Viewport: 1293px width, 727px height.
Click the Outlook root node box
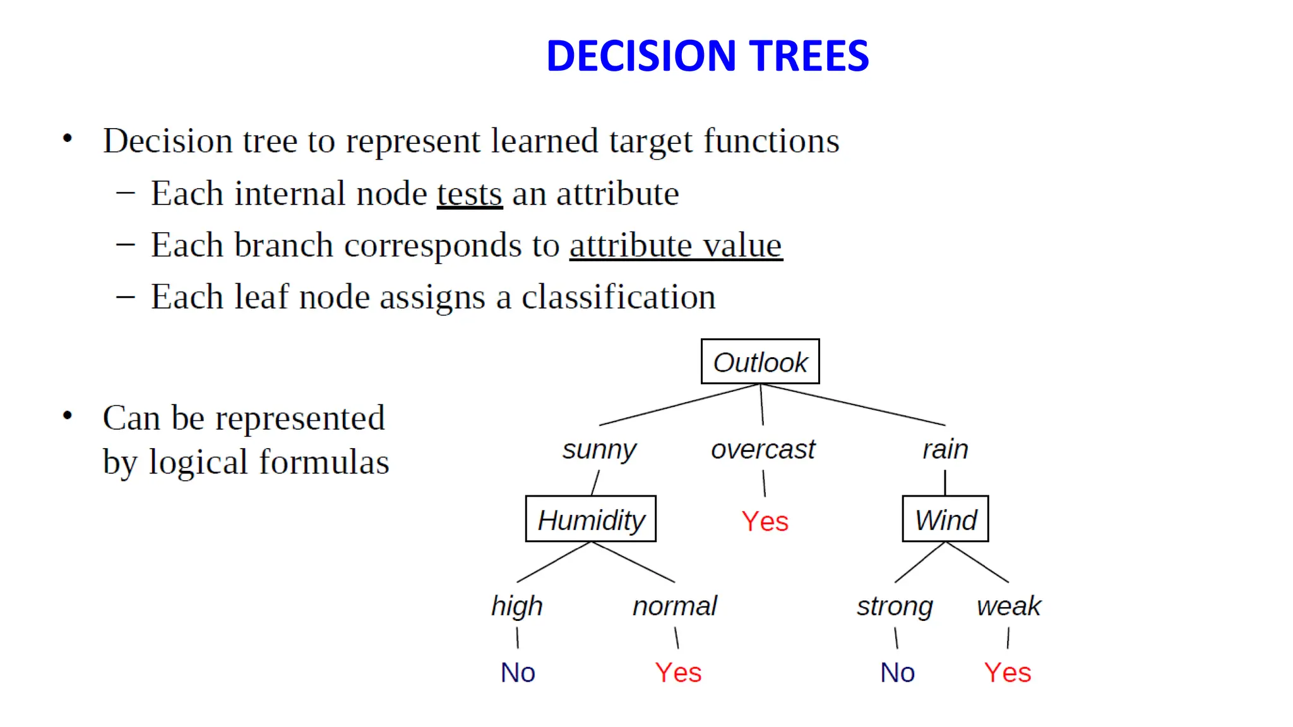[x=760, y=362]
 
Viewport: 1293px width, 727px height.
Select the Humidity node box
[x=590, y=519]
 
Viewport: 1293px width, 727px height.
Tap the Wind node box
[x=945, y=519]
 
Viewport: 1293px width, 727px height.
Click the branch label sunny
[x=599, y=450]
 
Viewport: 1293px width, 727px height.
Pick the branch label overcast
[x=763, y=449]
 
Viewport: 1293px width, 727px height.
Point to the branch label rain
[x=945, y=449]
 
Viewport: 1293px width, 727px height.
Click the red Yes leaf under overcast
[x=765, y=521]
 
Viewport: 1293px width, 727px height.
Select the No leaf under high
[x=518, y=672]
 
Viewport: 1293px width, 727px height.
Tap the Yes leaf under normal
[x=678, y=672]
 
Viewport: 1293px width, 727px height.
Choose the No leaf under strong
[x=897, y=672]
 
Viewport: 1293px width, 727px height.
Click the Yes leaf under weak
[x=1008, y=672]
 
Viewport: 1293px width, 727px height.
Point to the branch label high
[x=517, y=606]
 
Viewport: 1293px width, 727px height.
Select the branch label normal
[x=675, y=606]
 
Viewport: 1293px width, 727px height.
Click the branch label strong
[x=895, y=606]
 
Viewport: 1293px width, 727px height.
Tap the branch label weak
[x=1008, y=606]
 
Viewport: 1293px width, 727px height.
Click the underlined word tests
[x=470, y=193]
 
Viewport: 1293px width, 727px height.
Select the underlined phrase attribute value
[x=676, y=245]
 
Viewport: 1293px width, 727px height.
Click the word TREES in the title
[x=809, y=56]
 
